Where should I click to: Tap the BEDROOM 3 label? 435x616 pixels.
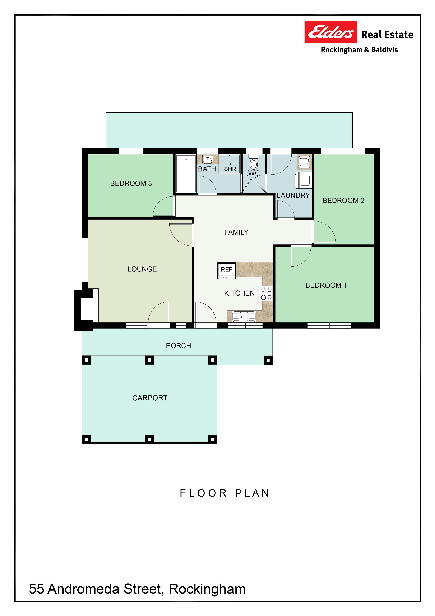131,184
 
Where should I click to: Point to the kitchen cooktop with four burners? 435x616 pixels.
266,293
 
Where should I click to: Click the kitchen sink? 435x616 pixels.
244,317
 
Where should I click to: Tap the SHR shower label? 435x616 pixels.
230,169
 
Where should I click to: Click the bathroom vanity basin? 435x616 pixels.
207,159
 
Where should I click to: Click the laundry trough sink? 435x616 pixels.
304,162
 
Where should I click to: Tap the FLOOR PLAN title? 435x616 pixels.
224,493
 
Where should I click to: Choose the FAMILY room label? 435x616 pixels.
236,232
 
